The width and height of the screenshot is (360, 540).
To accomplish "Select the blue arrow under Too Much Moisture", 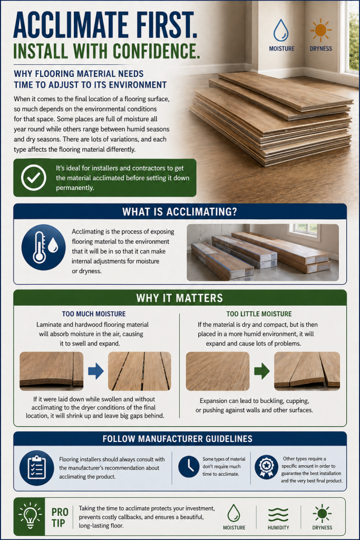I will coord(95,371).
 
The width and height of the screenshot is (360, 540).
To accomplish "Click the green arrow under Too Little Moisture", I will coord(262,371).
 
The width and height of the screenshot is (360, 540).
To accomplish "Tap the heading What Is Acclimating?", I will coord(180,212).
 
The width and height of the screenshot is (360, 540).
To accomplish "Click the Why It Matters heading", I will coord(180,298).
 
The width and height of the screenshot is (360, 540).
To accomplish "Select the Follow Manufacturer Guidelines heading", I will coord(180,439).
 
